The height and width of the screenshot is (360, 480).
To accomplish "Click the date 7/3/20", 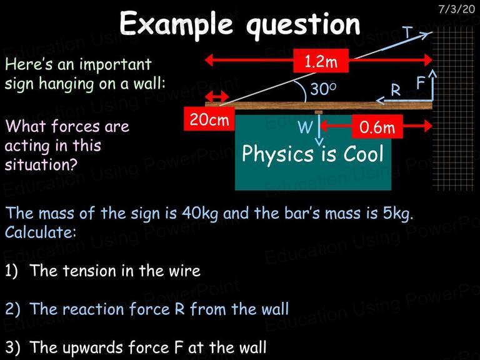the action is point(456,9).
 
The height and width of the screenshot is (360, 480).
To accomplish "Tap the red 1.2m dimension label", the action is point(321,61).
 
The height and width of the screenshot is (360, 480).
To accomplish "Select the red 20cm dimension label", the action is point(209,119).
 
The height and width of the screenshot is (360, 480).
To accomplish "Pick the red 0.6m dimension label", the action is point(377,126).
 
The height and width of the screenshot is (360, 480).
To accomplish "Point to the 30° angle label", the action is point(323,89).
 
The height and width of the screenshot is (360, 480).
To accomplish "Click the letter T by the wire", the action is point(407,32).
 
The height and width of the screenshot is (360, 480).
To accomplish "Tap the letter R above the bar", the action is point(396,90).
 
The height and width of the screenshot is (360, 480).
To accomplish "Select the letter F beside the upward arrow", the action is point(421,82).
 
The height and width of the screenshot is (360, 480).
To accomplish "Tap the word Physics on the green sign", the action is point(277,154).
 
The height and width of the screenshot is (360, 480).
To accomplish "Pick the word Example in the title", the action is point(176,24).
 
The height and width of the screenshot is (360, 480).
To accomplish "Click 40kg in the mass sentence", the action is point(200,214).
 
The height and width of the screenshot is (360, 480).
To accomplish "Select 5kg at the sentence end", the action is point(398,214).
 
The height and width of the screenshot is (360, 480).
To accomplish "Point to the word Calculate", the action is point(40,232).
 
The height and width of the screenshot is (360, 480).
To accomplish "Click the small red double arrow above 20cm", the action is point(217,97).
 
